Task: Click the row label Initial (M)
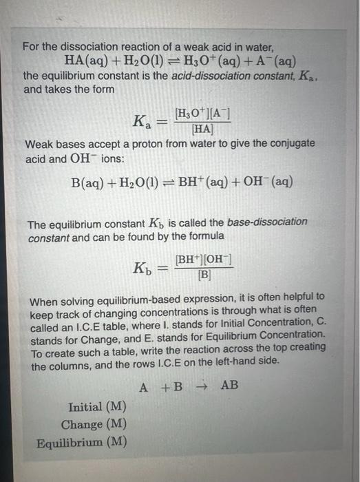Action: point(96,407)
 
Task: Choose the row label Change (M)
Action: point(94,424)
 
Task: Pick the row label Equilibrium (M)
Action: point(81,442)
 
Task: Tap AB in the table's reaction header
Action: point(229,386)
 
